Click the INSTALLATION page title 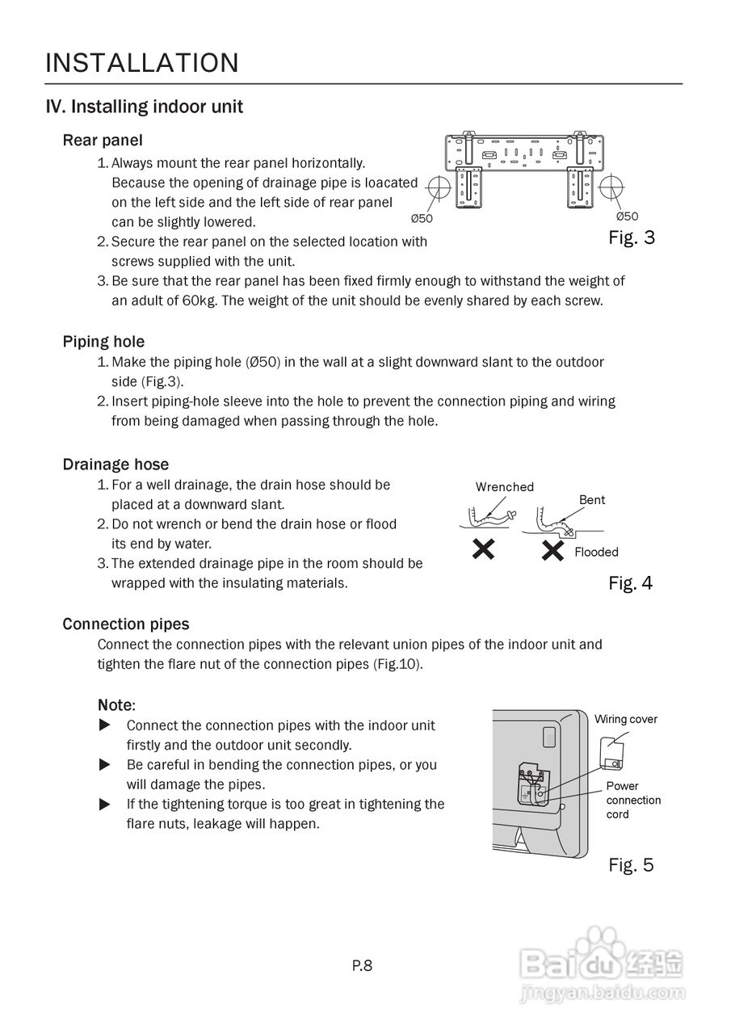pos(142,63)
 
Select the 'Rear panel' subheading pos(103,141)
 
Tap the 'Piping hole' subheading pos(103,342)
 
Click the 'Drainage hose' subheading pos(116,464)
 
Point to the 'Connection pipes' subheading pos(126,624)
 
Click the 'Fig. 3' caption pos(632,238)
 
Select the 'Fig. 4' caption pos(630,583)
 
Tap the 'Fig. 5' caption pos(631,865)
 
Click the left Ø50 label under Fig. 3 pos(422,218)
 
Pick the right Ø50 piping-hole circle pos(611,185)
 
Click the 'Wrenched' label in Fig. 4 pos(505,487)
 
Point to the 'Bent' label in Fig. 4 pos(592,500)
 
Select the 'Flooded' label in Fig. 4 pos(596,553)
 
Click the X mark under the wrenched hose pos(483,551)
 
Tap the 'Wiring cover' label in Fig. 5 pos(626,719)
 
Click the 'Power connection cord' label pos(633,800)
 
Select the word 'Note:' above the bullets pos(116,705)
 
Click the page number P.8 pos(362,965)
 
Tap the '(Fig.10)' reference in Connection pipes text pos(397,664)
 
